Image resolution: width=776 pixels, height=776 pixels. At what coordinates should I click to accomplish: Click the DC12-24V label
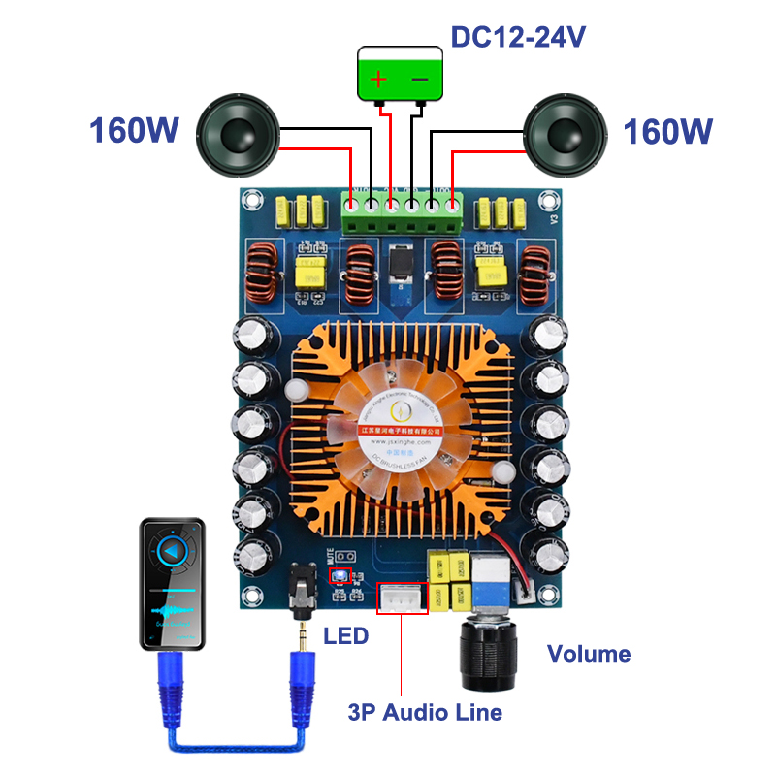[518, 37]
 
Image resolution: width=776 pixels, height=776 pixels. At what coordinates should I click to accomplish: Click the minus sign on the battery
[419, 80]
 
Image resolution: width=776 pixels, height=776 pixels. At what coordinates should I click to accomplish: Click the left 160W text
[134, 131]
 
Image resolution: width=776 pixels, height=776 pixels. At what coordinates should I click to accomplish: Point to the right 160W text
[668, 131]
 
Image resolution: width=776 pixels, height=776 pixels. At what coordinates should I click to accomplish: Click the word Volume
[589, 654]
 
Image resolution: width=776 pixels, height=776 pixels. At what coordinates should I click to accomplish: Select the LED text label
[347, 636]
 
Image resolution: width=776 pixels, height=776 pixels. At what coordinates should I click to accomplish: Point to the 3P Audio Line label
[425, 713]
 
